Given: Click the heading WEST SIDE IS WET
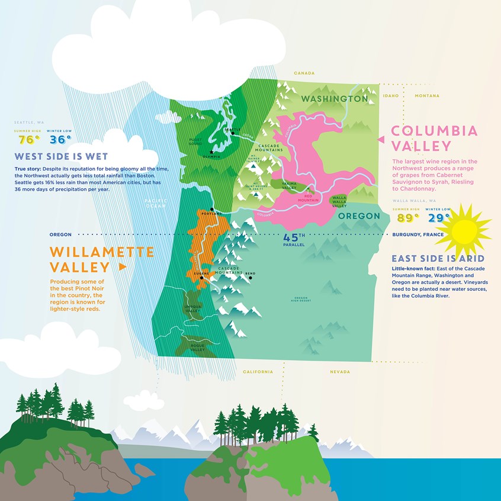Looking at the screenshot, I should pyautogui.click(x=61, y=157).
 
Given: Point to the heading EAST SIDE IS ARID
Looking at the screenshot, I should pyautogui.click(x=438, y=259).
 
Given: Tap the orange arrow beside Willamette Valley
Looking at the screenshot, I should pyautogui.click(x=123, y=267).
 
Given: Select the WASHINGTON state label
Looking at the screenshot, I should pyautogui.click(x=335, y=98).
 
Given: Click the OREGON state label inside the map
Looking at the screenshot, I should pyautogui.click(x=358, y=216).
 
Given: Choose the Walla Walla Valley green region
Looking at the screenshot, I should pyautogui.click(x=339, y=201).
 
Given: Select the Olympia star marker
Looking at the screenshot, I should pyautogui.click(x=211, y=152).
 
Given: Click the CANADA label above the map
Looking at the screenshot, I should pyautogui.click(x=304, y=73).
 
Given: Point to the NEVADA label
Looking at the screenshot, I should pyautogui.click(x=341, y=372).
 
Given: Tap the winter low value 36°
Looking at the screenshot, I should pyautogui.click(x=60, y=140).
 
